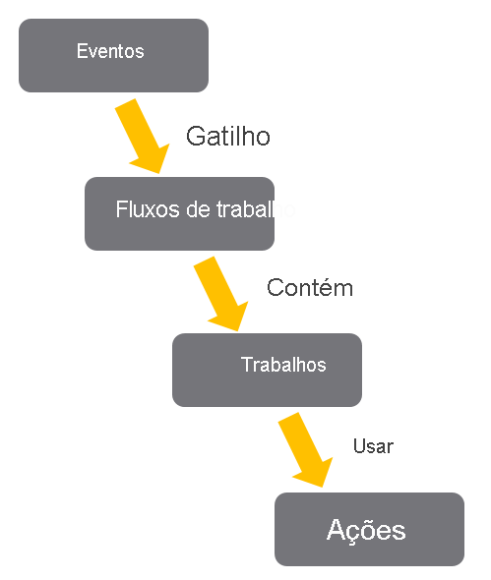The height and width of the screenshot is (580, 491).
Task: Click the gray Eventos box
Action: [113, 55]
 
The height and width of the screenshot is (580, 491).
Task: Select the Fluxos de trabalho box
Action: [179, 213]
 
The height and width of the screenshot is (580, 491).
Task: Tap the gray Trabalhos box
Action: [267, 370]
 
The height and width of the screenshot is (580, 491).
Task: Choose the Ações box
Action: [369, 529]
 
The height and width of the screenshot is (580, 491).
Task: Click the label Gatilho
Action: [227, 137]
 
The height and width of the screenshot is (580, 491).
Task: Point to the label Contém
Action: [309, 288]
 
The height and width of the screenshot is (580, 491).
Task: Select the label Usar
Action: [373, 446]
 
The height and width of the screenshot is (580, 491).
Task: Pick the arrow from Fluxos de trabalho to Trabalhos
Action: [221, 293]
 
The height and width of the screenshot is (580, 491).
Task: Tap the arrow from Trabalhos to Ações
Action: [305, 448]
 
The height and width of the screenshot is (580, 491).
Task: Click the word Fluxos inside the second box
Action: [140, 210]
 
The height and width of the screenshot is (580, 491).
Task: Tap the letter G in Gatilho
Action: [195, 137]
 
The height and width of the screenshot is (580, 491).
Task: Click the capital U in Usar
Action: [358, 446]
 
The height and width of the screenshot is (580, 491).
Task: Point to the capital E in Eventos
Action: [82, 51]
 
